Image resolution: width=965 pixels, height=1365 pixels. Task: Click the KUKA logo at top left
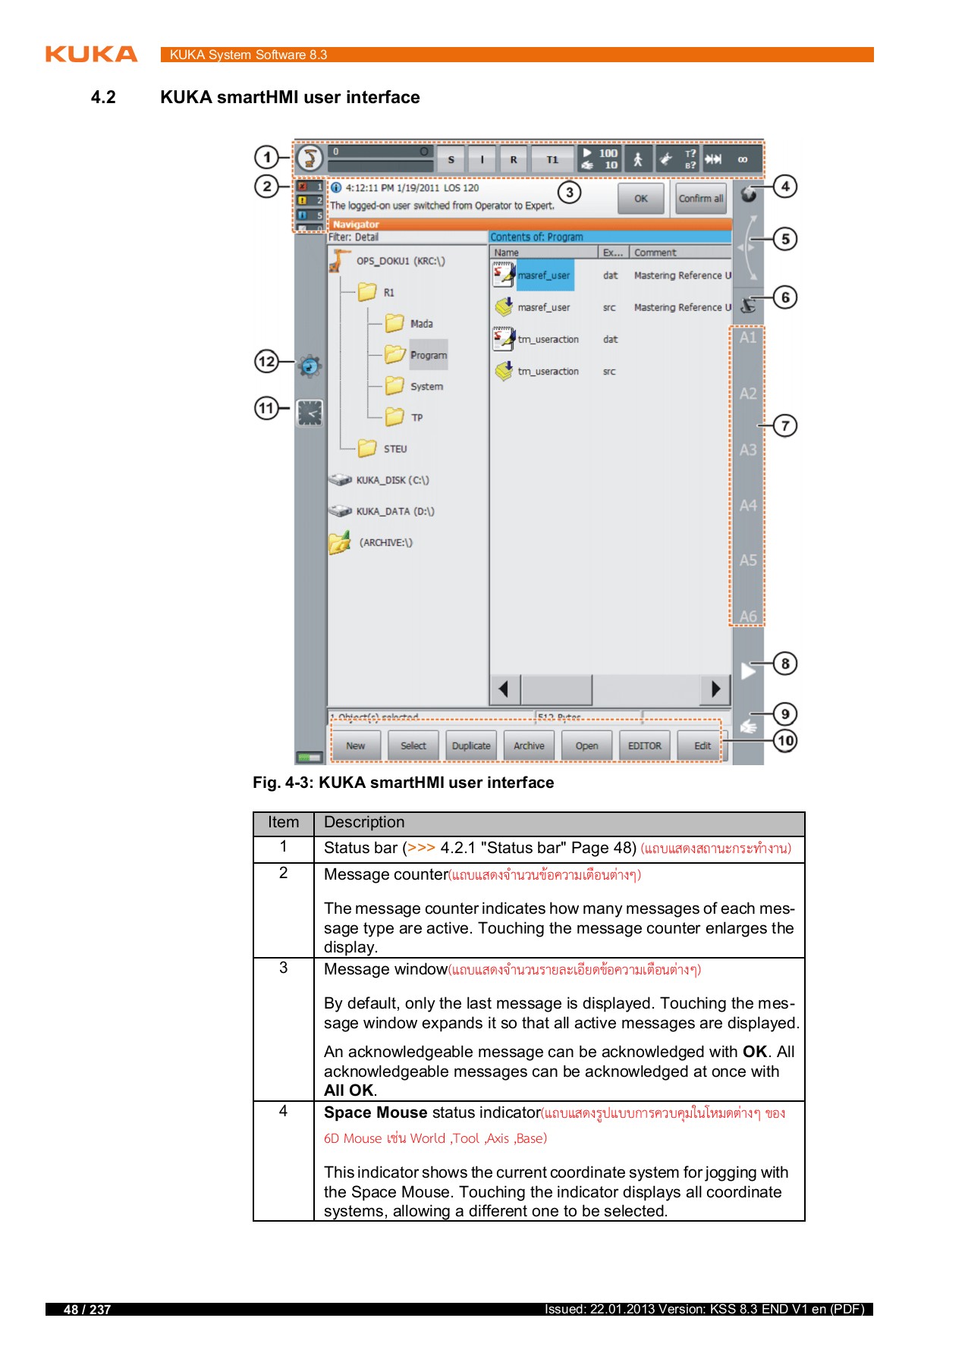tap(91, 55)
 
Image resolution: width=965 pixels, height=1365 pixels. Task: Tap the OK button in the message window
tap(641, 199)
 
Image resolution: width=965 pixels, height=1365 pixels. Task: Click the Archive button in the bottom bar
tap(529, 745)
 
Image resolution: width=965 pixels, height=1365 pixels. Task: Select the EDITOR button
tap(644, 745)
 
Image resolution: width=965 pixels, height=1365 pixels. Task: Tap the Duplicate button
tap(471, 745)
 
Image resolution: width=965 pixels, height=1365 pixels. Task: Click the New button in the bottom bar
tap(355, 745)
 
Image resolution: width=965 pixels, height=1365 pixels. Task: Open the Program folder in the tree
tap(428, 355)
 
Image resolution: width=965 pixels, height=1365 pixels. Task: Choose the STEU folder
tap(394, 449)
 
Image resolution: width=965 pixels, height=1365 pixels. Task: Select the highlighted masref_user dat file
tap(544, 275)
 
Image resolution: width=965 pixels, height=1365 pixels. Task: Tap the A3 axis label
tap(748, 450)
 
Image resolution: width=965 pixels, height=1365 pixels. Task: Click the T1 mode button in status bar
tap(552, 159)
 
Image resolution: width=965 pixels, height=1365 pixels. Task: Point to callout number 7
tap(785, 425)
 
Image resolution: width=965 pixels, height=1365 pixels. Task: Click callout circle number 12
tap(266, 362)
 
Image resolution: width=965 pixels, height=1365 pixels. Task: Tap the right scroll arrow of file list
tap(715, 689)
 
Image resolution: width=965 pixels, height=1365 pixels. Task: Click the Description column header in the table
tap(364, 823)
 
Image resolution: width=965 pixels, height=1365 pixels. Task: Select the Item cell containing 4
tap(284, 1111)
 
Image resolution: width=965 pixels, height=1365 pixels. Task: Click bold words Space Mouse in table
tap(376, 1112)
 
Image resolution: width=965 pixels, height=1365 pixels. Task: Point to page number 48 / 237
tap(87, 1310)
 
